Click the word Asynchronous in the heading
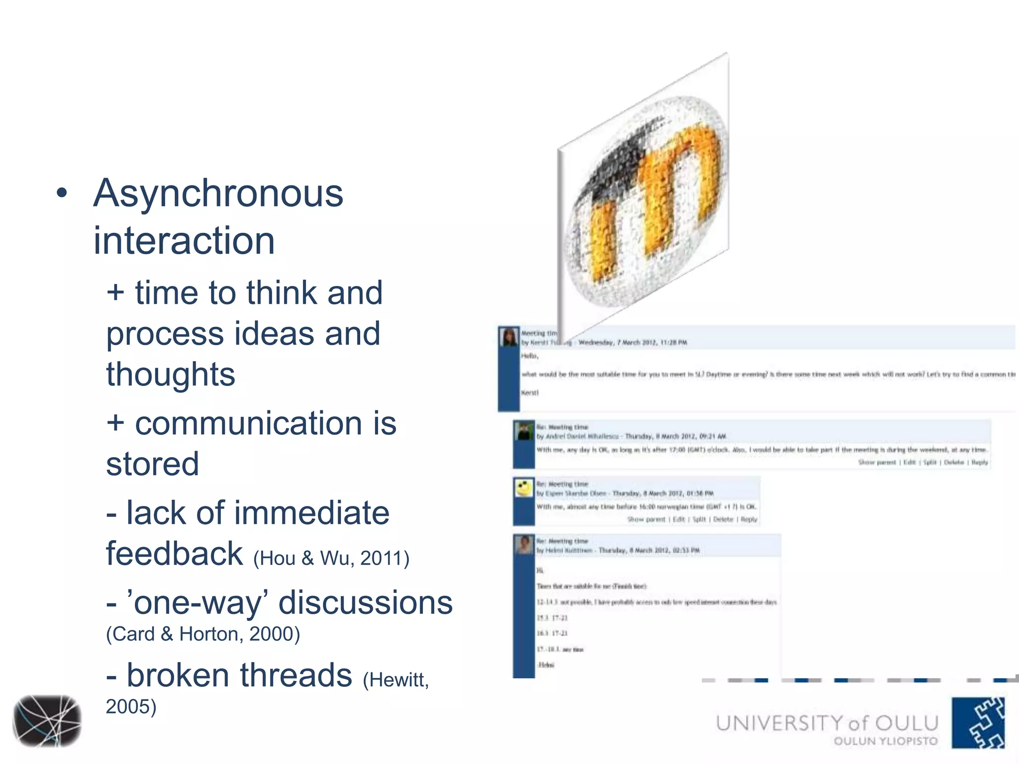click(218, 194)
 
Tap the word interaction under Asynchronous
click(184, 241)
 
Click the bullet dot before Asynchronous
click(62, 193)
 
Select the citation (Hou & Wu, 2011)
click(331, 559)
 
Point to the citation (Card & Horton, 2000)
click(203, 634)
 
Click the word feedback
click(174, 554)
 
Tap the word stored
click(152, 464)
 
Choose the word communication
click(249, 424)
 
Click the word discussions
click(366, 603)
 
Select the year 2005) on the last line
click(131, 707)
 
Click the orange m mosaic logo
click(647, 199)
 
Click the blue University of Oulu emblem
click(978, 722)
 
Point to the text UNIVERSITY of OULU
click(827, 723)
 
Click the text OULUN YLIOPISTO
click(886, 741)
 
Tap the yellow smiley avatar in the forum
click(523, 488)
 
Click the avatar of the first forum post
click(509, 337)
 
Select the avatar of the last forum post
click(524, 545)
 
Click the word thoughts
click(170, 375)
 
